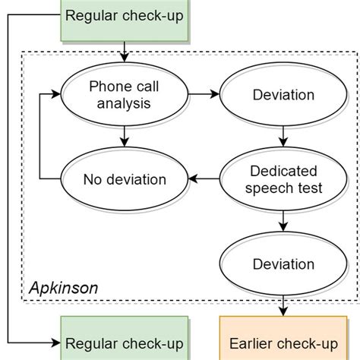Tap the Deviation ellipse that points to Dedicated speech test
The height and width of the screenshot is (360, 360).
point(284,95)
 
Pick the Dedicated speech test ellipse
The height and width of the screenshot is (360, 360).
point(284,179)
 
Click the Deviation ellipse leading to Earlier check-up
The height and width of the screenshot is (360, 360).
point(284,264)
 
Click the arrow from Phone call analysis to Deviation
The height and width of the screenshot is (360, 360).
point(203,95)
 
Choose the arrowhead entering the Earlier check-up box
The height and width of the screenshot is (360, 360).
point(284,311)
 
